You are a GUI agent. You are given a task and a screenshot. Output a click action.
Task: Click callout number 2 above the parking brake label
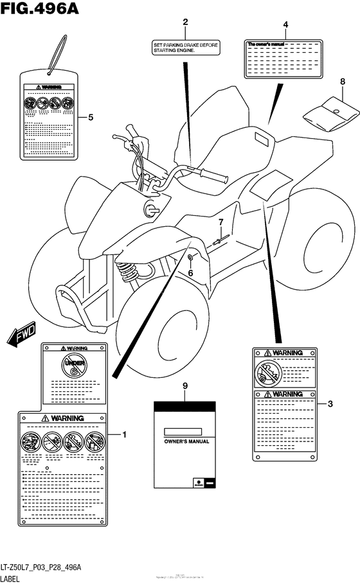point(185,22)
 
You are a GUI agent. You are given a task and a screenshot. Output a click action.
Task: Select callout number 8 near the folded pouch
point(343,82)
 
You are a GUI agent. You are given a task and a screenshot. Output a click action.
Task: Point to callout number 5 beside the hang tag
point(91,117)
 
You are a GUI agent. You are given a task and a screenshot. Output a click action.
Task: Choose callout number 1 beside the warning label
point(124,435)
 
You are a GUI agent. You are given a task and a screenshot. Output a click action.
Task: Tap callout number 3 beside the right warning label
point(330,404)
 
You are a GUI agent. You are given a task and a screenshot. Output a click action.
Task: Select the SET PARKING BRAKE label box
point(185,49)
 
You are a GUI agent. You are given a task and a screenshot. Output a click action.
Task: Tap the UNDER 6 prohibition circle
point(73,367)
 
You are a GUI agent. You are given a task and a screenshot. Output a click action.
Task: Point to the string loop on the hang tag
point(57,51)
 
